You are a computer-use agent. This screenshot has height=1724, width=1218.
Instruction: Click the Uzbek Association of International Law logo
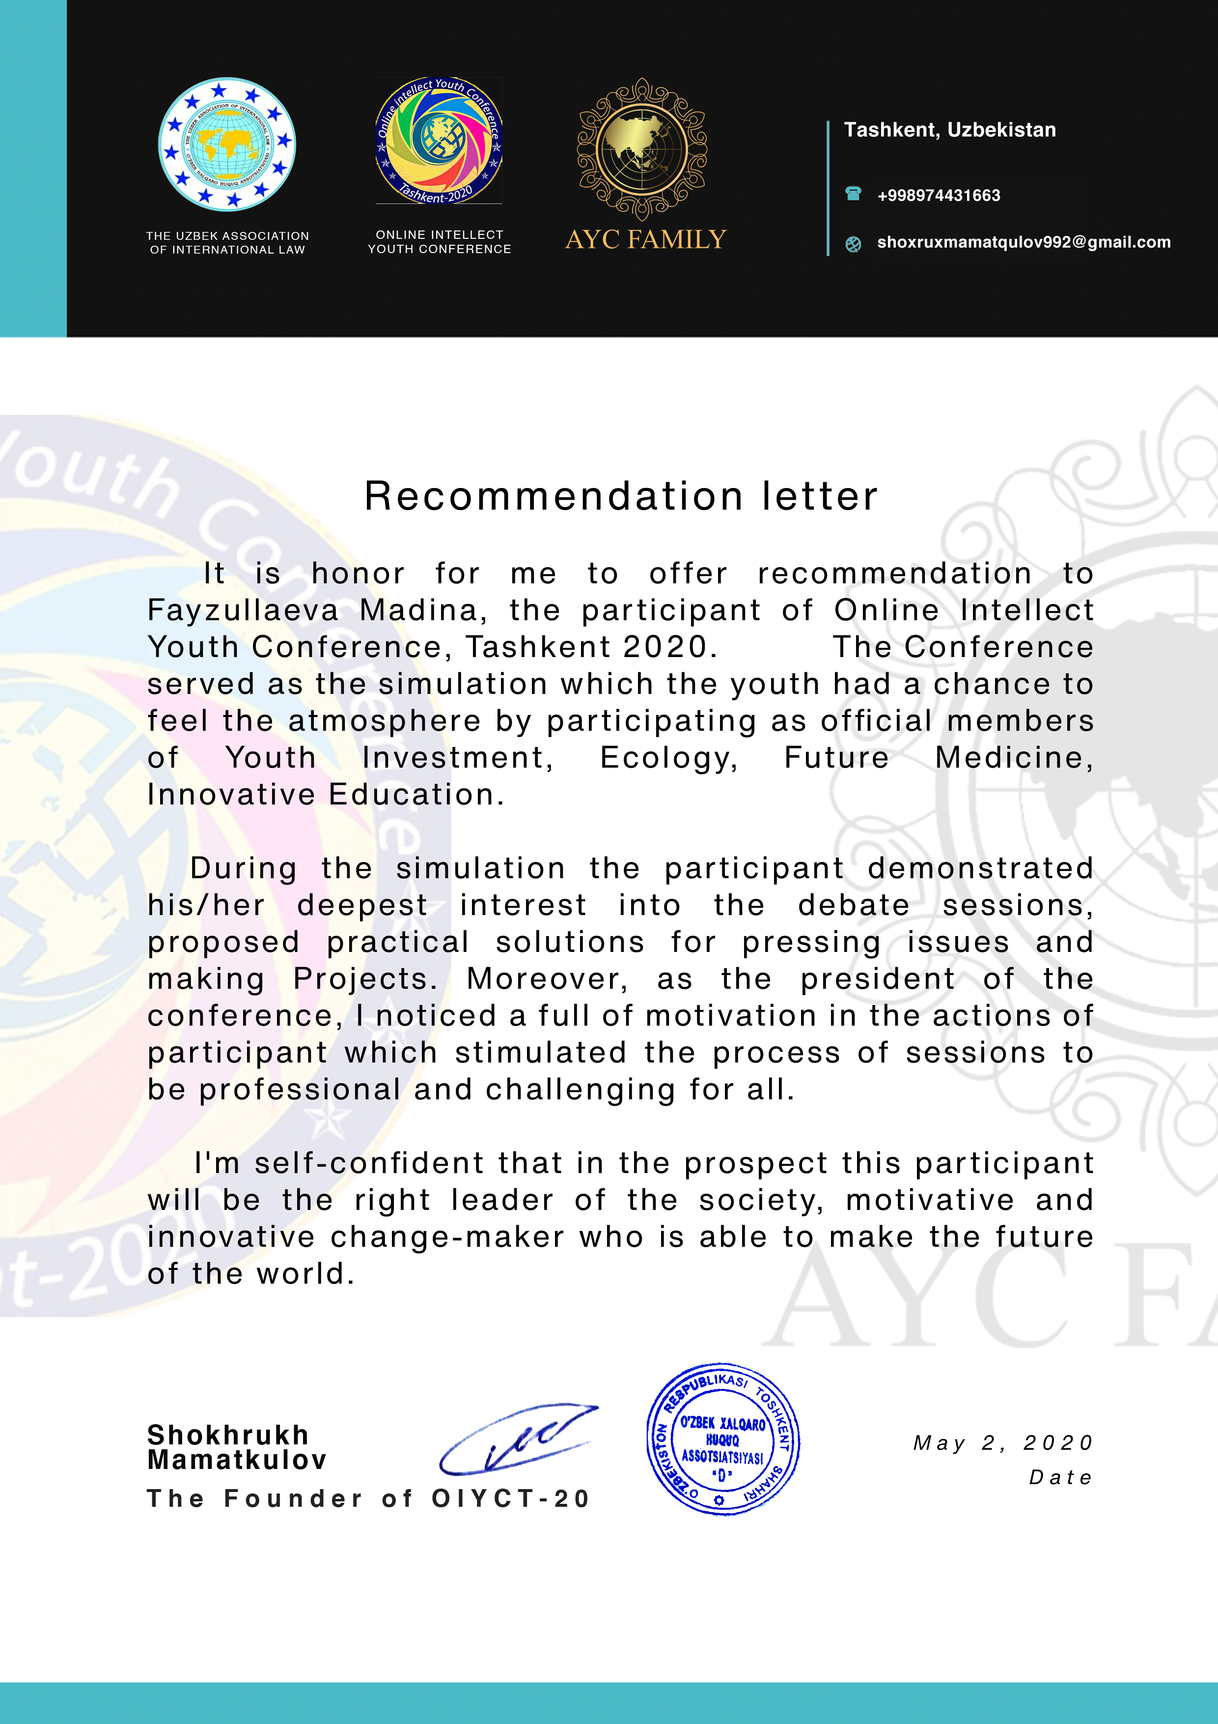(x=226, y=144)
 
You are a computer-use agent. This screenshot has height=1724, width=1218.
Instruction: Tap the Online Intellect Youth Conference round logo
(x=439, y=141)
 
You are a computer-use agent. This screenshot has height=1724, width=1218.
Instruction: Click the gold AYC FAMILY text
(x=645, y=239)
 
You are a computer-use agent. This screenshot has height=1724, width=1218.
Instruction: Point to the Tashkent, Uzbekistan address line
(x=949, y=130)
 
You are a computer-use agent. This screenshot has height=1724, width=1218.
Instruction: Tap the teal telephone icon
(x=853, y=194)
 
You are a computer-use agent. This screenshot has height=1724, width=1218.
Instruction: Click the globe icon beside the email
(x=853, y=243)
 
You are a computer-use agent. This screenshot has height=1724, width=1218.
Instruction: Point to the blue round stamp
(x=722, y=1438)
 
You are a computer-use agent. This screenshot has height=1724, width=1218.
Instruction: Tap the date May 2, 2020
(x=1002, y=1442)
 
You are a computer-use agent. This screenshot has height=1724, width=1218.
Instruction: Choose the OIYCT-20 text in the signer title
(x=511, y=1499)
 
